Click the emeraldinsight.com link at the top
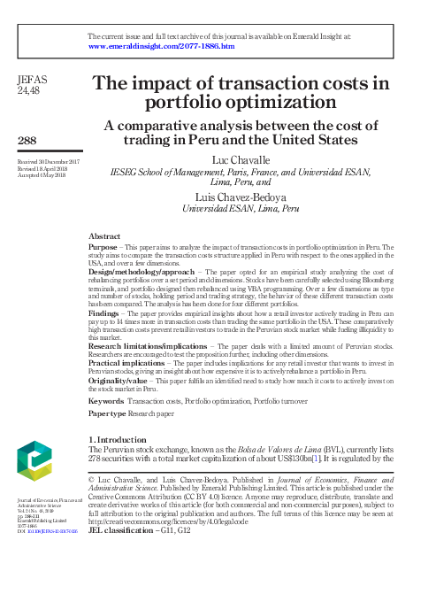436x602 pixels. [162, 45]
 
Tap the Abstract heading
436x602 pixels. [105, 236]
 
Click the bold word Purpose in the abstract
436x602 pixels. [104, 249]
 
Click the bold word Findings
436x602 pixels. [106, 314]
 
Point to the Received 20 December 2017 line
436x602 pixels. [49, 162]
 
